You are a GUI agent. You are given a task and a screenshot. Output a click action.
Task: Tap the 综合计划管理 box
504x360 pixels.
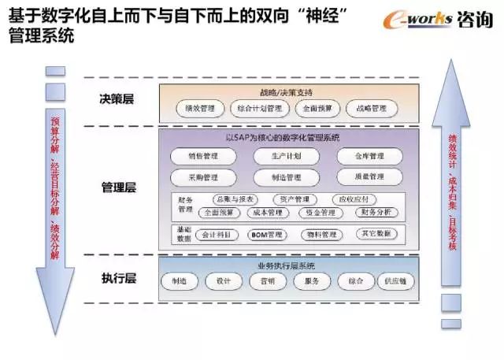[x=258, y=109]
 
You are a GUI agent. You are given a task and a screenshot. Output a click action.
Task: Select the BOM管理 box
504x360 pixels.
[x=265, y=235]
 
